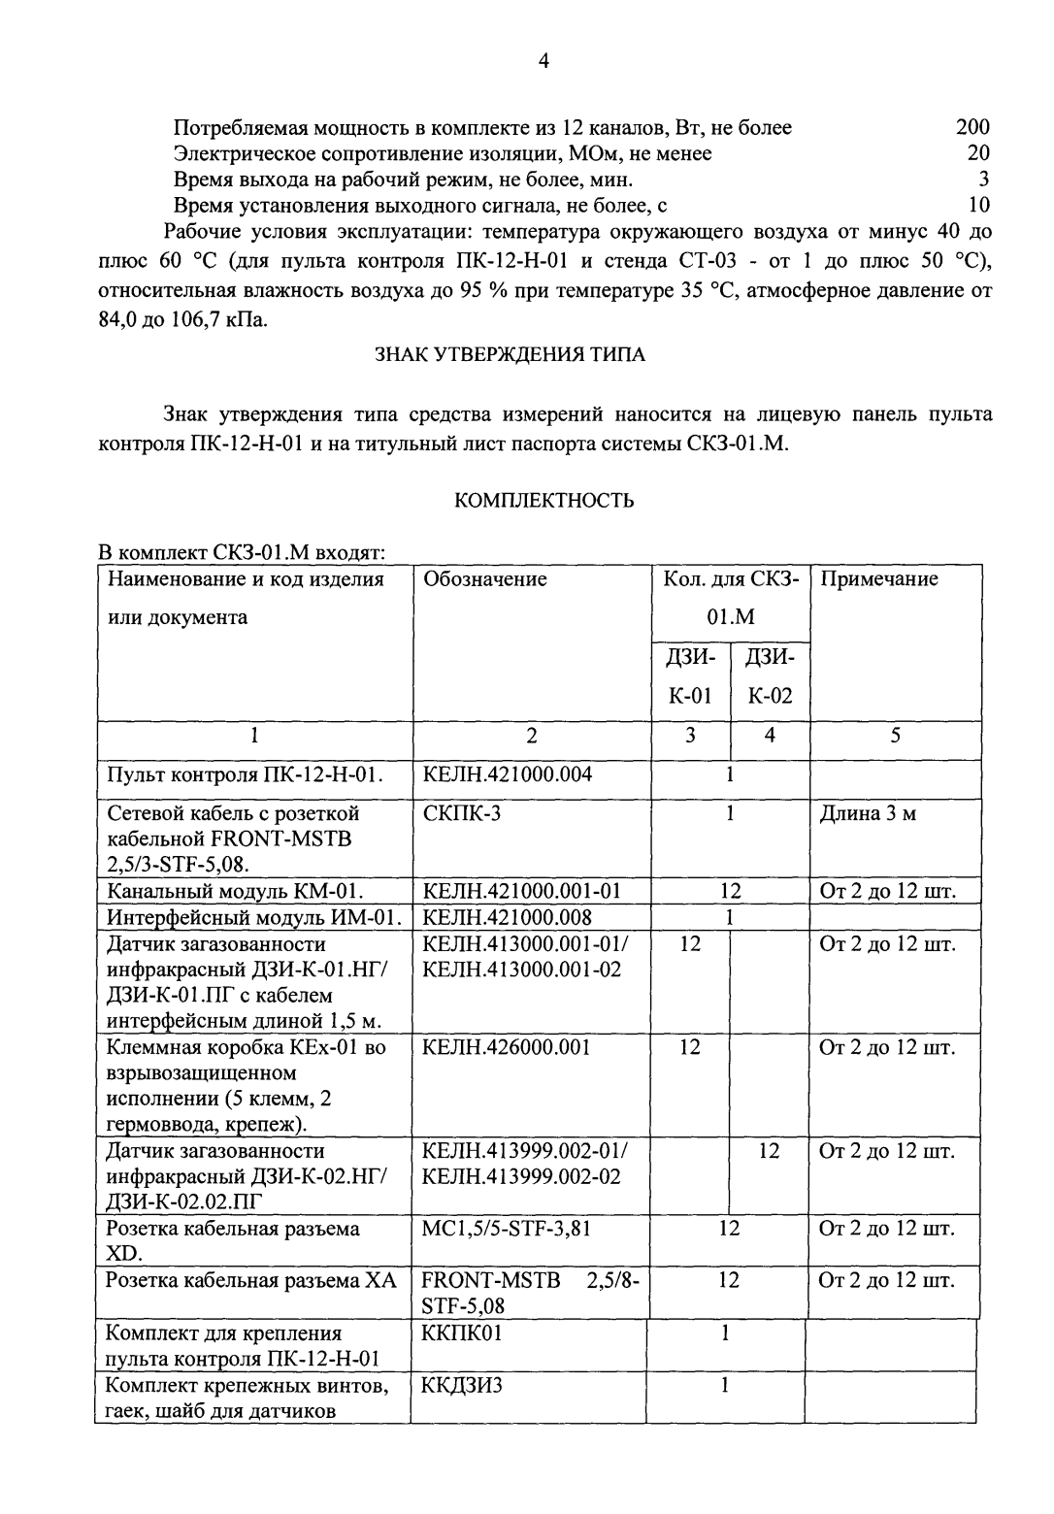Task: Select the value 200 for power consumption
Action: (972, 127)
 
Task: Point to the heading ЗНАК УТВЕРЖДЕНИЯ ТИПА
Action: (510, 354)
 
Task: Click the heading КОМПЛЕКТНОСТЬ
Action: (544, 501)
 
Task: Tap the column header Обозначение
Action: (485, 579)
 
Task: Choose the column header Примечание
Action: (879, 579)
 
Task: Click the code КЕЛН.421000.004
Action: (508, 774)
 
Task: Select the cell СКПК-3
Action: (462, 813)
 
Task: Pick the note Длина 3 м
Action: (868, 813)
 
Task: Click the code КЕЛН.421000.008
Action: (508, 917)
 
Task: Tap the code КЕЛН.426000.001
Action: (507, 1047)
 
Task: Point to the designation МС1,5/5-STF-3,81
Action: (507, 1229)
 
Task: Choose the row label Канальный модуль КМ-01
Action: (235, 891)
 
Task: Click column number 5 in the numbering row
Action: (895, 736)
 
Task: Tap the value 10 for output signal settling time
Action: (978, 205)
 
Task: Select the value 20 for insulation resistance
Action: (978, 153)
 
